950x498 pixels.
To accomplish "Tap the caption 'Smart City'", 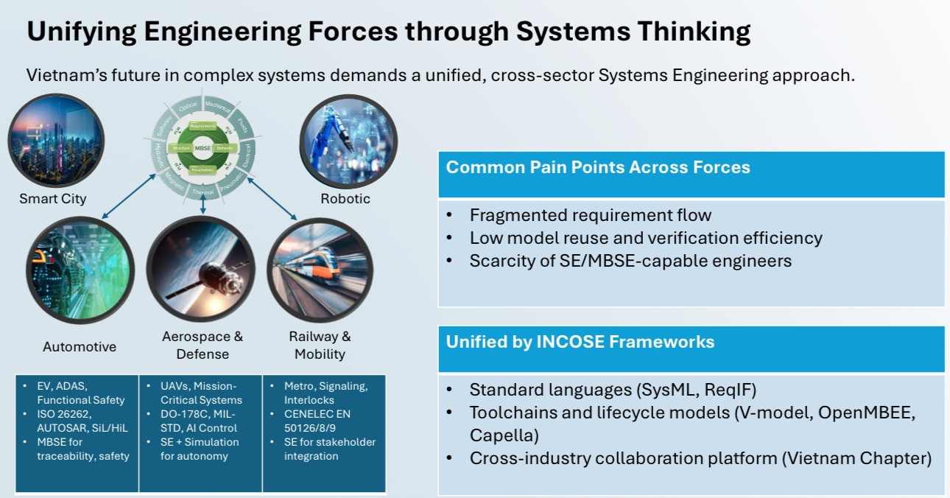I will click(53, 199).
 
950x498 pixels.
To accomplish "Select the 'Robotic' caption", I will click(345, 199).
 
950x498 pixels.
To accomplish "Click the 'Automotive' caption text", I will click(80, 346).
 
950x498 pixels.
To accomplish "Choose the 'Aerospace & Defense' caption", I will click(202, 345).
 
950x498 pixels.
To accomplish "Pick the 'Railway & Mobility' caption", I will click(320, 345).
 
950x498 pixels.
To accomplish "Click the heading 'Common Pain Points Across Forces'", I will click(598, 167).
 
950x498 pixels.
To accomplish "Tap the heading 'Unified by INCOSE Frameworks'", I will click(580, 342).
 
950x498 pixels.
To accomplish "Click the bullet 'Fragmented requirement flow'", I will click(591, 215).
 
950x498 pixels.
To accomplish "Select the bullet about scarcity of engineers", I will click(630, 260).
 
